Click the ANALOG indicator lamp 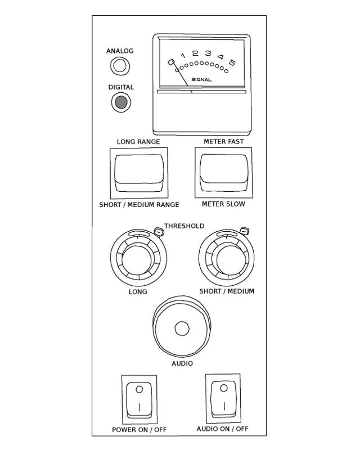click(120, 66)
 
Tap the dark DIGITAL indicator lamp click(121, 102)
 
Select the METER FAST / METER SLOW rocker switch click(224, 173)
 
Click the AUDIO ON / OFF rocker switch click(223, 399)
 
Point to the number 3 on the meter click(208, 53)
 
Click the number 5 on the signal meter click(232, 62)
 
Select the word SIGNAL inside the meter click(201, 79)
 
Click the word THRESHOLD click(184, 226)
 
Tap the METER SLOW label click(223, 204)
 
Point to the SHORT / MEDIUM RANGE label click(139, 205)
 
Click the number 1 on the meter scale click(183, 55)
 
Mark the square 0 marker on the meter click(171, 62)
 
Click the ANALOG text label click(120, 51)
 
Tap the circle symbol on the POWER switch click(139, 389)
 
